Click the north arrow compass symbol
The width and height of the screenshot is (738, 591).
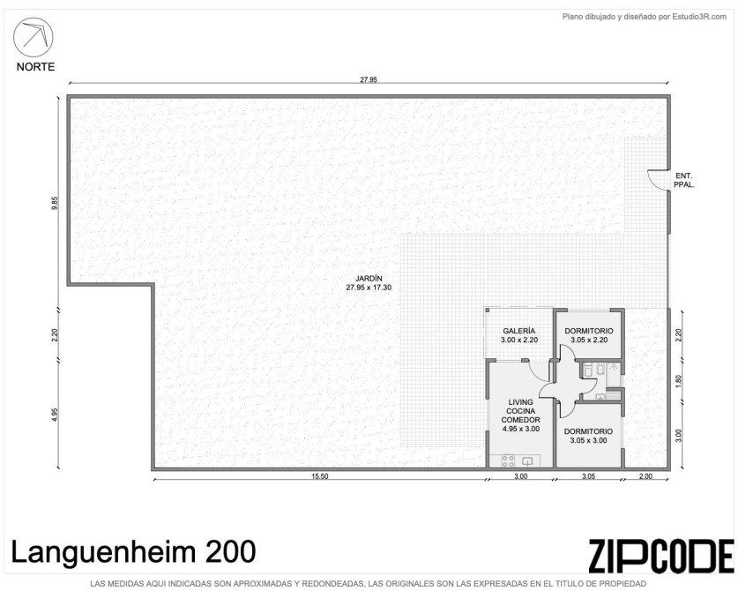(33, 37)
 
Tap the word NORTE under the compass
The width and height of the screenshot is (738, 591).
(35, 67)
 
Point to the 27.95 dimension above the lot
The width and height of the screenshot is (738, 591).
(369, 79)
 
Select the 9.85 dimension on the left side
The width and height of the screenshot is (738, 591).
(55, 203)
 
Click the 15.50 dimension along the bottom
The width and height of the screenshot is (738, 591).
(320, 476)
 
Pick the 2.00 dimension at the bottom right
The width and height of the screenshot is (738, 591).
(645, 476)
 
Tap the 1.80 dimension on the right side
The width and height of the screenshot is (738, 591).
(678, 381)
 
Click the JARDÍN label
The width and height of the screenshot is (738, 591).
(369, 279)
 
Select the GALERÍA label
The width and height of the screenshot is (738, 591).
(518, 331)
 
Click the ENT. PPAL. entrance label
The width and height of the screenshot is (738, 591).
(684, 180)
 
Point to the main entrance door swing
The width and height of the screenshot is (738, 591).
(655, 180)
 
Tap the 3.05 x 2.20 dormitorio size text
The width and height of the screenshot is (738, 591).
(589, 340)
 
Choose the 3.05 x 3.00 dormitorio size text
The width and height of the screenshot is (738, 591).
(588, 440)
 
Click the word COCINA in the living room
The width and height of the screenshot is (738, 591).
(520, 411)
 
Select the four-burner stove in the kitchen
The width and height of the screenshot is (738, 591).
(508, 461)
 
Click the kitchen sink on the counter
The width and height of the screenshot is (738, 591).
(527, 461)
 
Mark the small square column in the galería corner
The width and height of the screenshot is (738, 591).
(488, 310)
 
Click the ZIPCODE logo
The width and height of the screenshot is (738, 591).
(661, 556)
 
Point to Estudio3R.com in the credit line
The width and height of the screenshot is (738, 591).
(699, 17)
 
